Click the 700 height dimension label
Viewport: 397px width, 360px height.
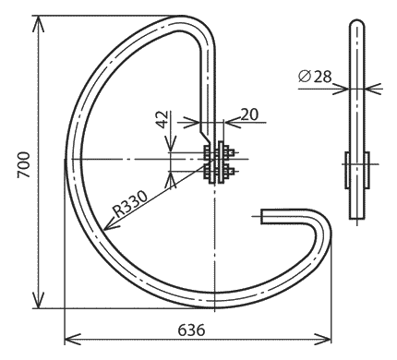[x=24, y=164]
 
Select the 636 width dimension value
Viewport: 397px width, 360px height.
[x=191, y=330]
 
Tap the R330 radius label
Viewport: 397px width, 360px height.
[x=130, y=204]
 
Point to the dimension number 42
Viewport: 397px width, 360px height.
[x=162, y=119]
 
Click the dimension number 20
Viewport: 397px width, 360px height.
[x=249, y=114]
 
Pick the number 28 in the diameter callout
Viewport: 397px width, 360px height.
[x=323, y=77]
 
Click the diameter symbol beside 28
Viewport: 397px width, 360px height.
[x=305, y=77]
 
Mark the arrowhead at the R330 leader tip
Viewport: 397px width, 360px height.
[x=110, y=224]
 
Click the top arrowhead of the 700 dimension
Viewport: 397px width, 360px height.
[x=38, y=24]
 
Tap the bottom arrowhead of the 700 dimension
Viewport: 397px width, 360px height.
[x=38, y=300]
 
